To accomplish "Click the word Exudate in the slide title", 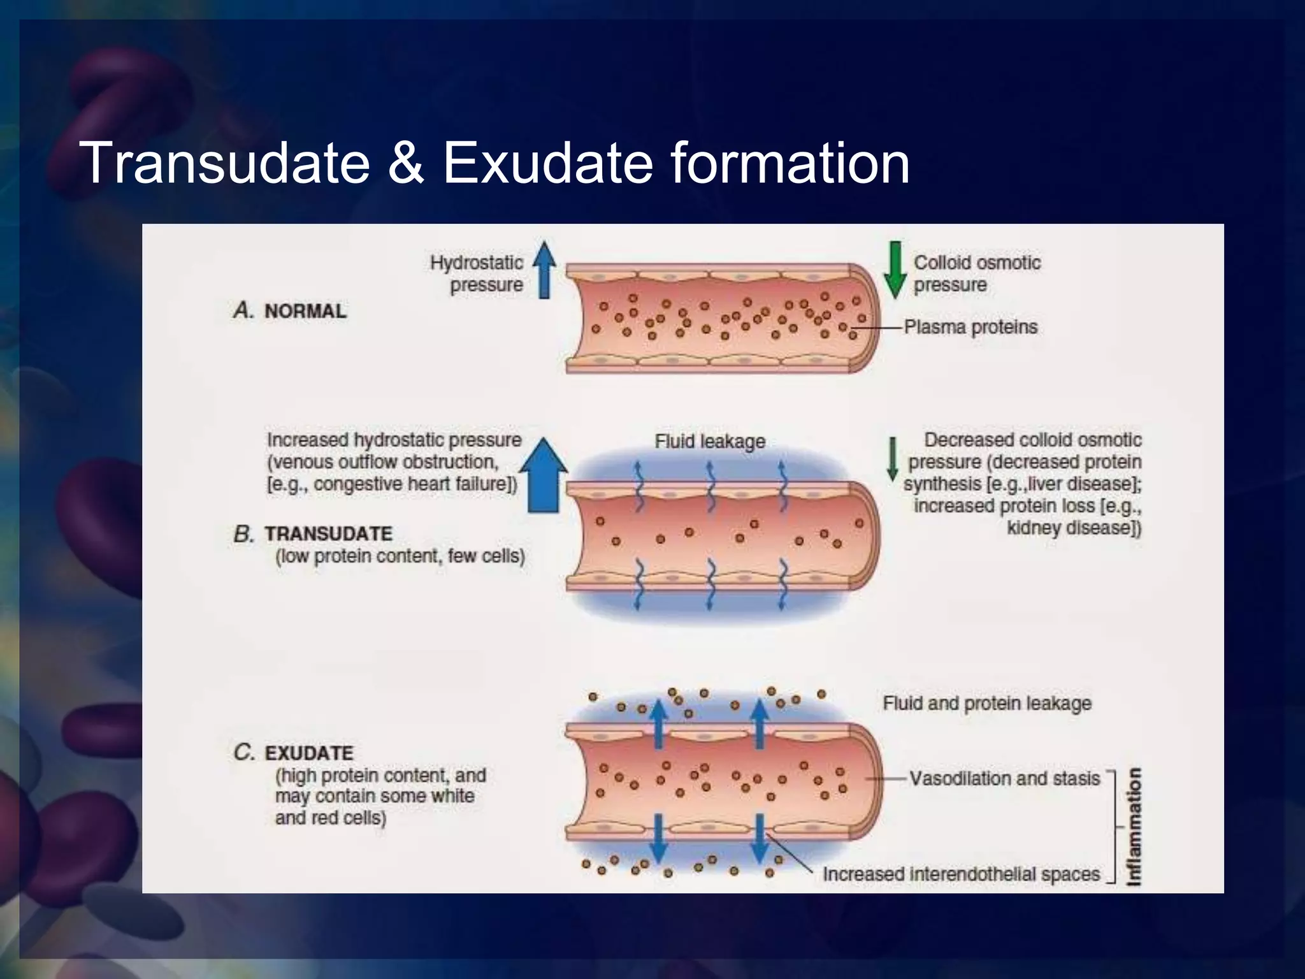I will click(548, 163).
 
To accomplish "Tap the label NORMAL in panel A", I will click(305, 311).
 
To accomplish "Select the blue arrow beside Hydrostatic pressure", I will click(544, 270).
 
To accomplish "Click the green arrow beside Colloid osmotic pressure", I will click(895, 270).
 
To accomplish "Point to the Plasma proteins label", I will click(970, 328).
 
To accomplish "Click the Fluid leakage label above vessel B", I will click(710, 441).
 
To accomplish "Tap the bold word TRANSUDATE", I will click(329, 533).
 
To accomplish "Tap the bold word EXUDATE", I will click(309, 753).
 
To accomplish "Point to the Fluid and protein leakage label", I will click(986, 704).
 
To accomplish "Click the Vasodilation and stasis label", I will click(1004, 779).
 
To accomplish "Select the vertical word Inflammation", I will click(1134, 827).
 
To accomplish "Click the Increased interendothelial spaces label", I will click(961, 874).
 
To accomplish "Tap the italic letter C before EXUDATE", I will click(244, 753).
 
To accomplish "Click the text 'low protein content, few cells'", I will click(400, 556).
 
